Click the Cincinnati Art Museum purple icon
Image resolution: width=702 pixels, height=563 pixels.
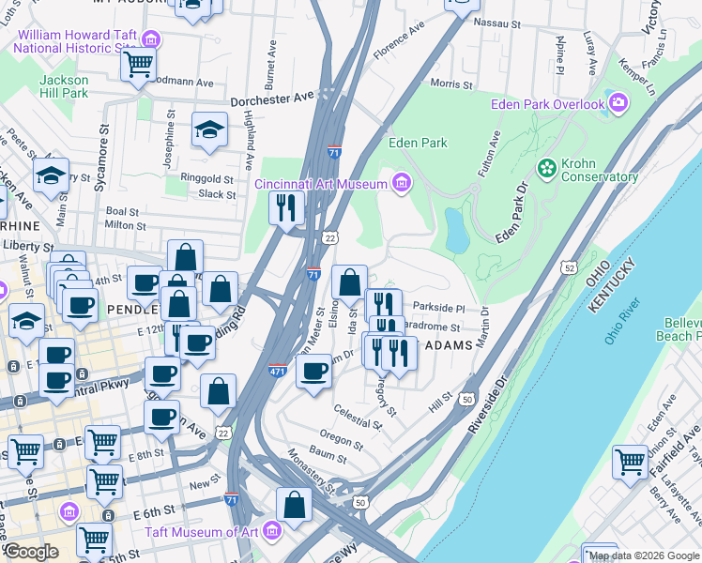click(402, 181)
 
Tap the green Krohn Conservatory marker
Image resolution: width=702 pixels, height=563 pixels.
click(546, 167)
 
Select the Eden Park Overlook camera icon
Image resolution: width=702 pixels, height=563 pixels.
click(618, 103)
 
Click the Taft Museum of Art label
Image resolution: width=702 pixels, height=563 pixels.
click(195, 532)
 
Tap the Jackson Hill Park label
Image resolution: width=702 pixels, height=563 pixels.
click(64, 86)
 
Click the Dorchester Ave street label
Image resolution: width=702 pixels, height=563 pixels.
click(273, 97)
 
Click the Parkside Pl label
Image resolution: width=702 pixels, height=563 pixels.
click(438, 307)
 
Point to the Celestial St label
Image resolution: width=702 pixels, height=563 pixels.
click(359, 418)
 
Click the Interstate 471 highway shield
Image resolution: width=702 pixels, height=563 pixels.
click(278, 371)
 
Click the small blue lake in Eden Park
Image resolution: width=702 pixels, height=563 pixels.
click(457, 230)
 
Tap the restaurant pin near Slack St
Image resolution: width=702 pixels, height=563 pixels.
click(286, 206)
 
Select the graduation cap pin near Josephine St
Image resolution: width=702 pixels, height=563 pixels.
click(210, 130)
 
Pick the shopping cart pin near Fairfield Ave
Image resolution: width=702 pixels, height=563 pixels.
click(630, 461)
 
